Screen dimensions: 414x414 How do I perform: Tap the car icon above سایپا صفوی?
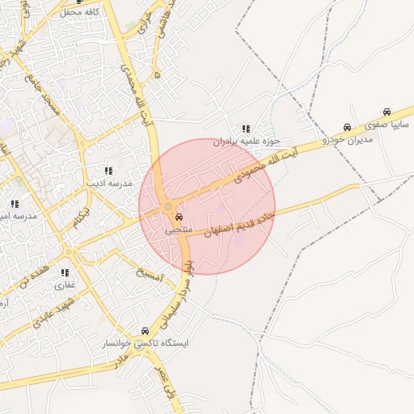tap(387, 112)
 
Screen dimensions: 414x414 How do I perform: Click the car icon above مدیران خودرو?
tap(347, 127)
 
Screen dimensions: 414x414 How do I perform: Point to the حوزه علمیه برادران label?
tap(247, 142)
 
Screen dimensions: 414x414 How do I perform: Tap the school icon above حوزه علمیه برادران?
tap(245, 129)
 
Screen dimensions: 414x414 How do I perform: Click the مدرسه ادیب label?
tap(108, 184)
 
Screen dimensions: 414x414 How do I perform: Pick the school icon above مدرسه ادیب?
tap(108, 171)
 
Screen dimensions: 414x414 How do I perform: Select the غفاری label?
tap(64, 285)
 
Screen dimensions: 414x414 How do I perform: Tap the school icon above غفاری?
tap(65, 272)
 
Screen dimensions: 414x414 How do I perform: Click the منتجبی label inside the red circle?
tap(179, 230)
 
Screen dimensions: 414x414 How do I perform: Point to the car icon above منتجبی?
tap(179, 218)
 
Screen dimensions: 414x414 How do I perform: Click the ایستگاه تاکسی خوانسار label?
tap(149, 344)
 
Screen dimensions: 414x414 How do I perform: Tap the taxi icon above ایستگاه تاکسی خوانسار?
tap(145, 331)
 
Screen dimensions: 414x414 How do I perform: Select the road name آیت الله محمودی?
tap(267, 163)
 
